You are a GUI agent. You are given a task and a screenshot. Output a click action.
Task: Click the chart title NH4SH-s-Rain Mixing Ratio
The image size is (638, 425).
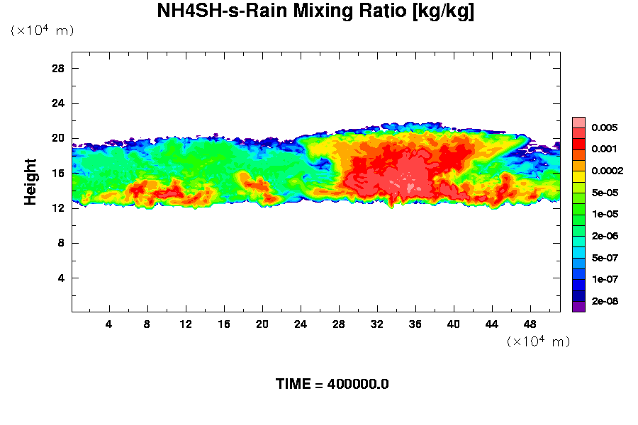click(x=315, y=12)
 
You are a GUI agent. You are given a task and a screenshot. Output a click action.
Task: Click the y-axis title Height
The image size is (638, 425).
click(x=30, y=190)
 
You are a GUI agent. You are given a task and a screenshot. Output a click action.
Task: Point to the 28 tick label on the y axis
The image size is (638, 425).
click(x=58, y=69)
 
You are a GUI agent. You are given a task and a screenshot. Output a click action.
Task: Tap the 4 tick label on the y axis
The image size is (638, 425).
click(x=62, y=278)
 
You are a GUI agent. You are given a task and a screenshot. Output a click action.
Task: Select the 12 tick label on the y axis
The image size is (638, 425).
click(x=58, y=208)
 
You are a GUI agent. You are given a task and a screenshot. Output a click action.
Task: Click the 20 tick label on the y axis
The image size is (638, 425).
click(x=58, y=138)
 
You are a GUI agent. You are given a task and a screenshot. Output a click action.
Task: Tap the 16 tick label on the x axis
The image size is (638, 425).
click(x=224, y=324)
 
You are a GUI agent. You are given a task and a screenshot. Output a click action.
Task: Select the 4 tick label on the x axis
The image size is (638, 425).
click(x=108, y=324)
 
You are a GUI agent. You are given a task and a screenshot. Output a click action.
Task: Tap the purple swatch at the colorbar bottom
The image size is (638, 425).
click(x=579, y=306)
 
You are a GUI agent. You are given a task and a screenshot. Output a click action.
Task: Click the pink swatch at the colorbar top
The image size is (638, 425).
click(x=579, y=122)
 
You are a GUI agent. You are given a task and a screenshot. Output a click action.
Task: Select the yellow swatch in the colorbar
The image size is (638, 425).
click(x=579, y=175)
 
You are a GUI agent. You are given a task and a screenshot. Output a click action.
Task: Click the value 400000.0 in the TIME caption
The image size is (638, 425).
click(x=358, y=385)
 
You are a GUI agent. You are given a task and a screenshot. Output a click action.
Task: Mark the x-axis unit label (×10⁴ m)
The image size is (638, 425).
click(x=538, y=341)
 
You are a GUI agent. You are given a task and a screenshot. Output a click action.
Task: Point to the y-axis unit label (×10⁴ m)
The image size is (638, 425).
click(x=42, y=30)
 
